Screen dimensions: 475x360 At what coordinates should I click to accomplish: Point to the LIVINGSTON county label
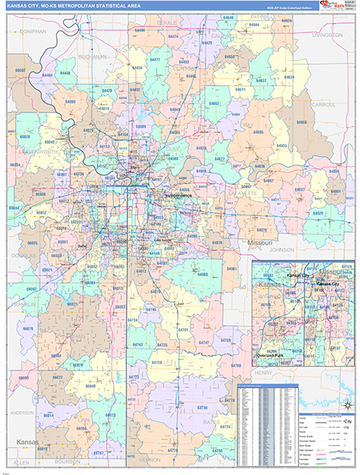click(x=326, y=36)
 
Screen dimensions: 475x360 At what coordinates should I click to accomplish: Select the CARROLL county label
click(x=324, y=104)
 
